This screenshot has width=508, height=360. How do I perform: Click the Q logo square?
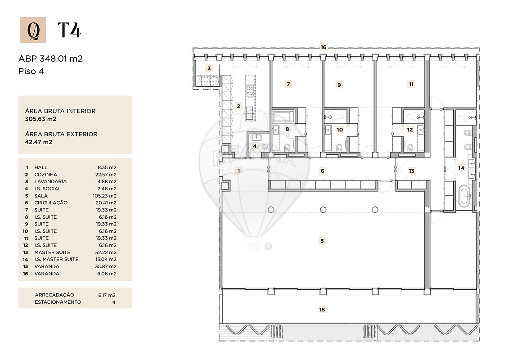[x=33, y=30]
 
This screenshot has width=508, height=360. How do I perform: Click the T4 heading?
[x=69, y=30]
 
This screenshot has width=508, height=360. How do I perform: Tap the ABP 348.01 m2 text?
[x=50, y=58]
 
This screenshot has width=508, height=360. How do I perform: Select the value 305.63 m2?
[x=40, y=119]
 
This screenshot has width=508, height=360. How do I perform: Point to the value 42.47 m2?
[x=39, y=142]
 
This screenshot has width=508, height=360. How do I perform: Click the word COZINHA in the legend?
[x=46, y=175]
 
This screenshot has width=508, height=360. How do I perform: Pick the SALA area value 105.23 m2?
[x=104, y=196]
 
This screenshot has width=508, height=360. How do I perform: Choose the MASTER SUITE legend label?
[x=52, y=252]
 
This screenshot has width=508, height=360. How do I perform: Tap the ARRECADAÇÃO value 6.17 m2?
[x=107, y=295]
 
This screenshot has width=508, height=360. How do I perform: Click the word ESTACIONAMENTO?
[x=58, y=302]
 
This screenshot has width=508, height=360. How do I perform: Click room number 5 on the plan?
[x=322, y=241]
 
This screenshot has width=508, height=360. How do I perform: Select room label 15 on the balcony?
[x=322, y=310]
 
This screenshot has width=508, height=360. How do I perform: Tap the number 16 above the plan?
[x=324, y=47]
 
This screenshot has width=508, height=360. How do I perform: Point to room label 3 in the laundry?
[x=209, y=68]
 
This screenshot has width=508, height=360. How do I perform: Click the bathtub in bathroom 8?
[x=283, y=117]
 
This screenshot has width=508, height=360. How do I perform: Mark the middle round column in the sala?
[x=323, y=210]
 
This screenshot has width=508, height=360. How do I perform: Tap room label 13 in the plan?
[x=411, y=171]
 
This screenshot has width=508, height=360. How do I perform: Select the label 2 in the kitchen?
[x=239, y=106]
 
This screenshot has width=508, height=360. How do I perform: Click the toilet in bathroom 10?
[x=339, y=148]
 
